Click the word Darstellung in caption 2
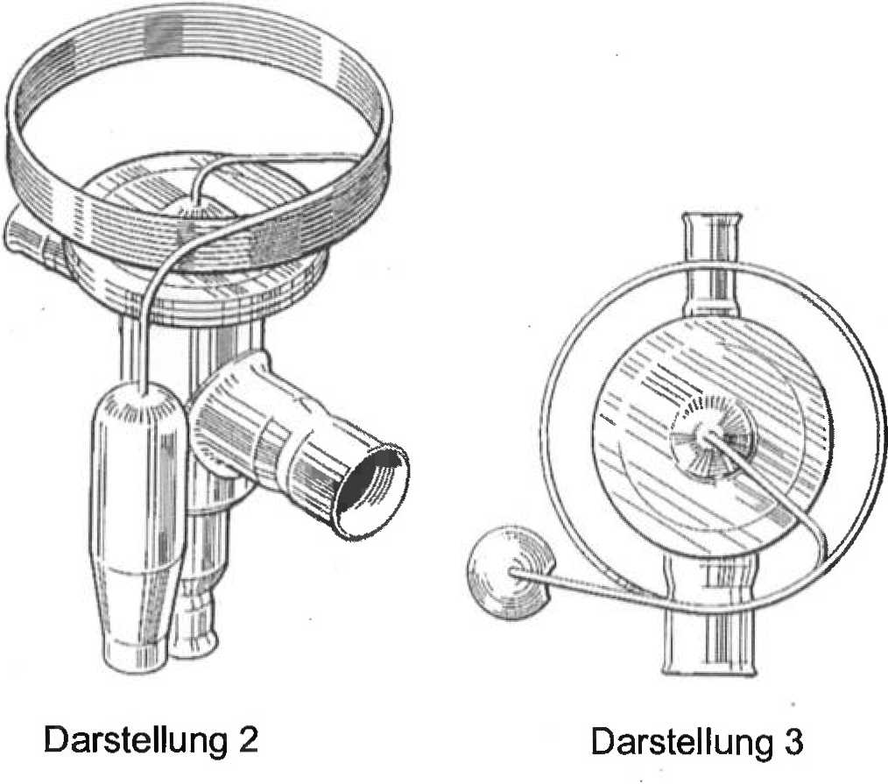click(135, 740)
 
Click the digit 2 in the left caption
click(248, 738)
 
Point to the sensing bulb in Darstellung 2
click(138, 526)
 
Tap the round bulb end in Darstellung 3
click(509, 572)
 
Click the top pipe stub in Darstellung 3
click(712, 264)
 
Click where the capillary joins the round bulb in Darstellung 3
click(514, 571)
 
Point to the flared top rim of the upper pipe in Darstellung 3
click(712, 217)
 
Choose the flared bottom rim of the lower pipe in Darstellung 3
click(710, 671)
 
